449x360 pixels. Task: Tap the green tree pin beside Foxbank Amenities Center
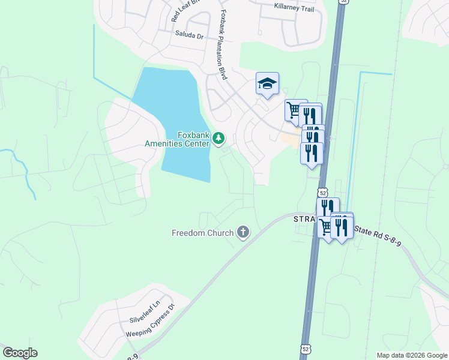coord(218,139)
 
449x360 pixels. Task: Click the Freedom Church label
coord(202,233)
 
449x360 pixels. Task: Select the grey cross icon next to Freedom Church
coord(243,232)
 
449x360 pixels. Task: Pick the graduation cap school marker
coord(267,84)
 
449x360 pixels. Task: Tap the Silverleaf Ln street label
coord(145,311)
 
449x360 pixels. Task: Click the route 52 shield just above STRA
coord(323,193)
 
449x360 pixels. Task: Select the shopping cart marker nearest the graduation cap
coord(294,110)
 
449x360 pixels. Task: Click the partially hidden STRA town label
coord(304,220)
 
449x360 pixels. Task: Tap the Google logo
coord(20,353)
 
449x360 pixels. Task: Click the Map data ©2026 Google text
coord(412,355)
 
